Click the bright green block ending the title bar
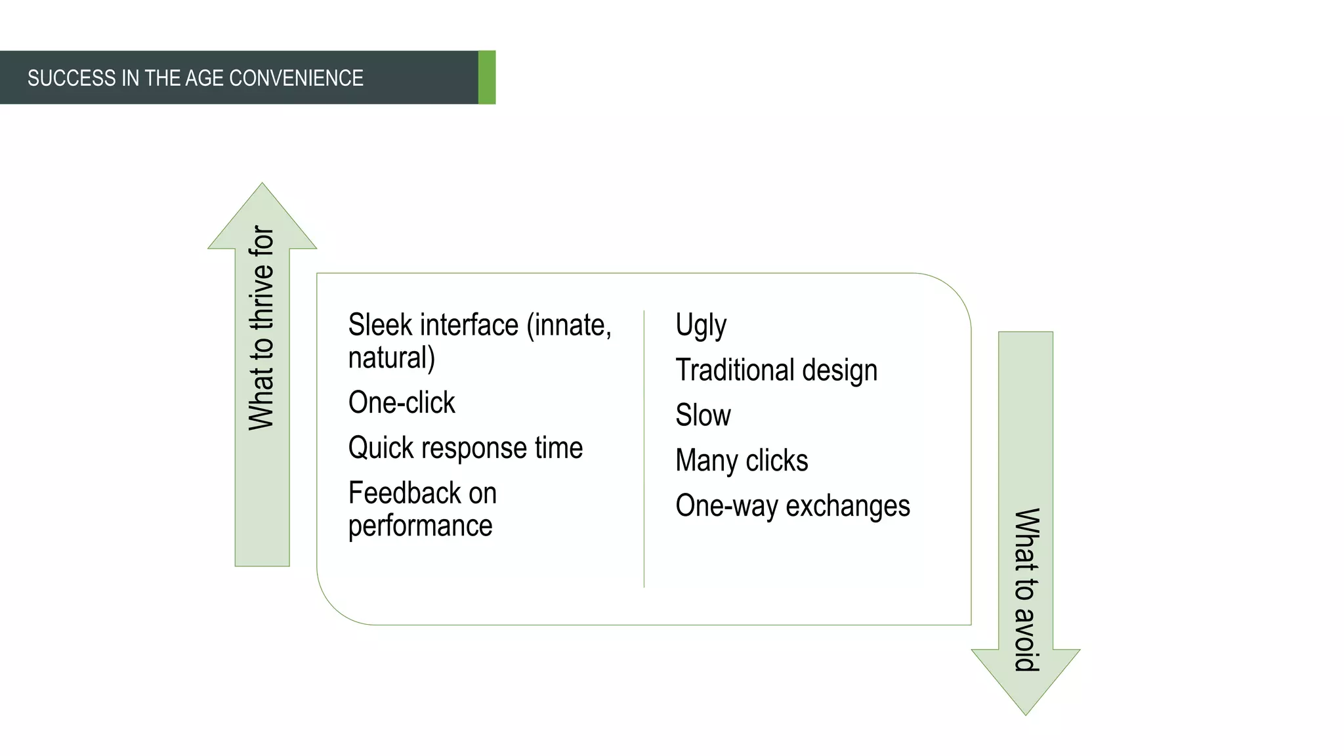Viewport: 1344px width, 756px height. click(x=487, y=77)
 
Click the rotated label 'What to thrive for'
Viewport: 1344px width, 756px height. click(x=262, y=327)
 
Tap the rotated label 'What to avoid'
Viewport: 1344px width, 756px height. click(x=1026, y=589)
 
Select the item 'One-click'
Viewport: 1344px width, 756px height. click(x=401, y=402)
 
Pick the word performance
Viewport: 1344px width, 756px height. click(x=420, y=526)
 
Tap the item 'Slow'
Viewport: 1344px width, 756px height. click(x=703, y=415)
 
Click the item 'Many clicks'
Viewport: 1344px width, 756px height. click(x=742, y=461)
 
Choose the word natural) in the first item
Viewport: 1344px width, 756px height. click(x=391, y=358)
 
